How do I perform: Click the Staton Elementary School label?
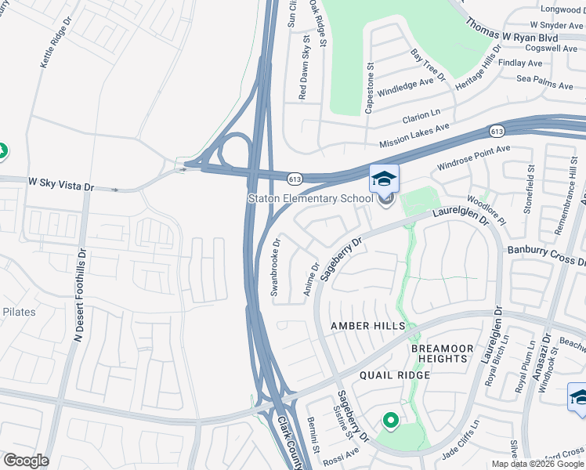(310, 199)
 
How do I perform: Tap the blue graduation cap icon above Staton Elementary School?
(384, 179)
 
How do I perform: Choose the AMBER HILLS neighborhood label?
(368, 326)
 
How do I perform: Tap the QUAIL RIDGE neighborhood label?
(395, 375)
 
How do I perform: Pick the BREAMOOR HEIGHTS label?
(443, 353)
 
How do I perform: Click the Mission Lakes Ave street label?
(414, 136)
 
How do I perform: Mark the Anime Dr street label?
(311, 280)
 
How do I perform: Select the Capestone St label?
(369, 89)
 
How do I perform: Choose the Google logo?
(25, 461)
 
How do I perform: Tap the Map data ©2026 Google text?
(537, 464)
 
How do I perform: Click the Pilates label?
(18, 312)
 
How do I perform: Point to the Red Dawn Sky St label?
(304, 71)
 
